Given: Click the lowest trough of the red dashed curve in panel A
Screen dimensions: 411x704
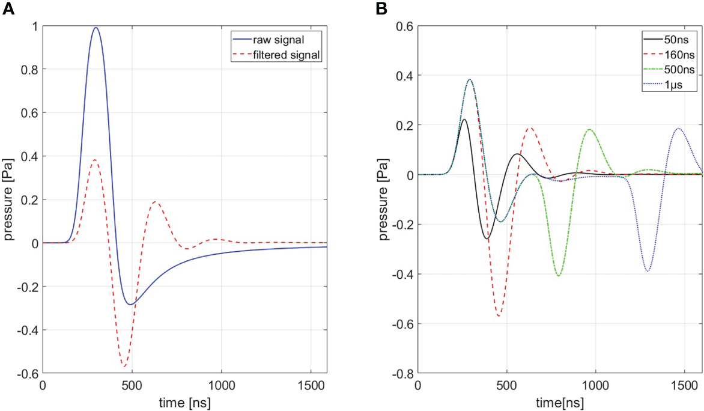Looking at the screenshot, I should (124, 366).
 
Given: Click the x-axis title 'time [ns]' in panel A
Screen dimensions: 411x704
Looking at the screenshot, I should (184, 401).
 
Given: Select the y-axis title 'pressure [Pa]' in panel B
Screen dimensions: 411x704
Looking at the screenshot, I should (384, 199).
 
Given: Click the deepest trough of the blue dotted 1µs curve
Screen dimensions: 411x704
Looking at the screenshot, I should (648, 271).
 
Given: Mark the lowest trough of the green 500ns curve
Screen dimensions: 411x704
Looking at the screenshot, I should (559, 276).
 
